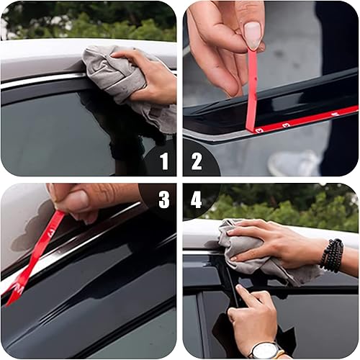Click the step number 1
(x=163, y=161)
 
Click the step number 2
(x=197, y=161)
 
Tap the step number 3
(x=163, y=199)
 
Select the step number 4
(x=197, y=199)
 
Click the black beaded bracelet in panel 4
(x=332, y=256)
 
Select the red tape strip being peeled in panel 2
(x=251, y=86)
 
